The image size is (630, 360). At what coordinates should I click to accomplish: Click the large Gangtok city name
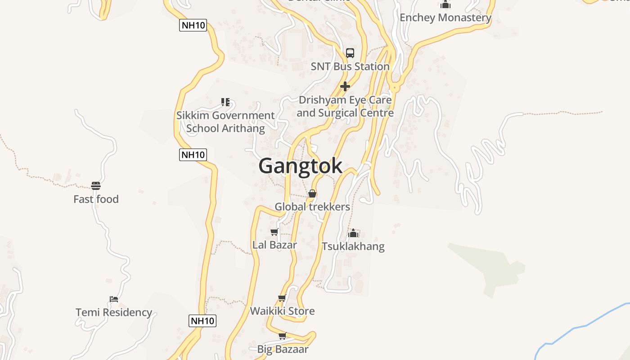(x=300, y=166)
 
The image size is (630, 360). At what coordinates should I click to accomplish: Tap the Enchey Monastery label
(x=445, y=18)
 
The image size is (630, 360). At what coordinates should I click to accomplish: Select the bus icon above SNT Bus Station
(x=350, y=53)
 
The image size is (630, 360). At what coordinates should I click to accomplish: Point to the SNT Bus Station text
(x=350, y=66)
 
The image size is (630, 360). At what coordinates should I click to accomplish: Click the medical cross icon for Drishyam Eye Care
(x=345, y=86)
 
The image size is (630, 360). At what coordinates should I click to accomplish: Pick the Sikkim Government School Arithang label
(x=225, y=121)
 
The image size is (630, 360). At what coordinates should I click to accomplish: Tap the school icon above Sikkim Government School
(x=225, y=102)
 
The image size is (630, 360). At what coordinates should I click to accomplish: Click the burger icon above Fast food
(x=96, y=185)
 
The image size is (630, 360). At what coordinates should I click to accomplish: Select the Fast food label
(x=96, y=199)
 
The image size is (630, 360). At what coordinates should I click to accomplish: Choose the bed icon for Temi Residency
(x=114, y=299)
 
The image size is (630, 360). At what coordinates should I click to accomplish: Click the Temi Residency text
(x=114, y=312)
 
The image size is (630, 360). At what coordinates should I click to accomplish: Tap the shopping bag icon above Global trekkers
(x=312, y=193)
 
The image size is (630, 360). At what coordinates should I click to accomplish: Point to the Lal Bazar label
(x=274, y=245)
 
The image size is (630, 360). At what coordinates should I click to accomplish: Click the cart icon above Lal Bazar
(x=274, y=232)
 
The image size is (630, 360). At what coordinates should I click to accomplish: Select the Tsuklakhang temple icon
(x=353, y=233)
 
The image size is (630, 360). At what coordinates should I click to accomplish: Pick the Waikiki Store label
(x=282, y=311)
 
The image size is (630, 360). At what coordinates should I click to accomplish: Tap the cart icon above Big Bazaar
(x=283, y=336)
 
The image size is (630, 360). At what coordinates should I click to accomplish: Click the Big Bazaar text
(x=283, y=349)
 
